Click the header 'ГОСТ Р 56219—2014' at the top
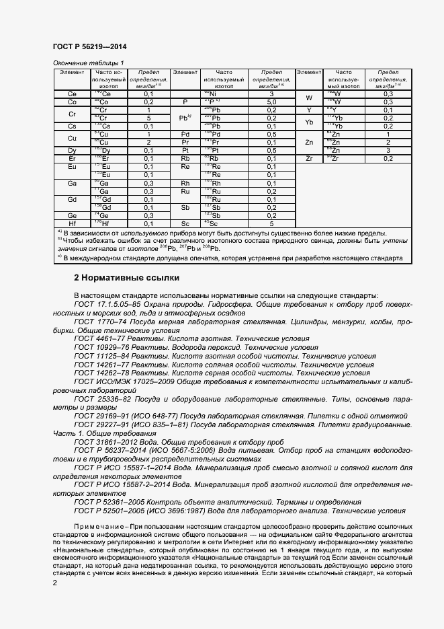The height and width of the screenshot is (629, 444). (89, 47)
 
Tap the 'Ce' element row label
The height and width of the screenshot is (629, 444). (72, 94)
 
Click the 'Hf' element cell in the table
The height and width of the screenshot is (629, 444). (72, 223)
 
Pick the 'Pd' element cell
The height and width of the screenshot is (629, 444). (185, 134)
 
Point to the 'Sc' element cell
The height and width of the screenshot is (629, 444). (185, 223)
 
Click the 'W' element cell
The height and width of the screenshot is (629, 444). (309, 98)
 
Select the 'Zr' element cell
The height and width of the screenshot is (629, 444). (309, 158)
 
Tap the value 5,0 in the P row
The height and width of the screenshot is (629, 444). (271, 102)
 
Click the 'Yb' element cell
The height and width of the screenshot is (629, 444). (309, 122)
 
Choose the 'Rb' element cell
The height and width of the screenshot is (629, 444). (185, 158)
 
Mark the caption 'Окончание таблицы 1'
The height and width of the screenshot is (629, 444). (89, 63)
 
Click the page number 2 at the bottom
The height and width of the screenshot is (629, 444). (55, 582)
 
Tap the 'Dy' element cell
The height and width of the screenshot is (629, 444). (72, 150)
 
